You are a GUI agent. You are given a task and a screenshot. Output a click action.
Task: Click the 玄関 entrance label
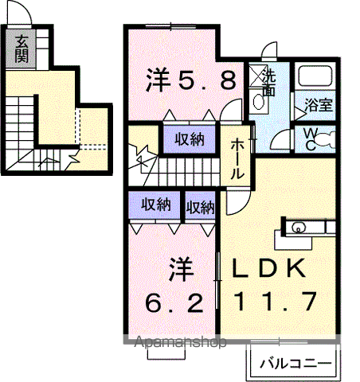pos(20,49)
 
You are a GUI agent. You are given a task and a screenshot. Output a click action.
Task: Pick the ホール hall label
pos(237,158)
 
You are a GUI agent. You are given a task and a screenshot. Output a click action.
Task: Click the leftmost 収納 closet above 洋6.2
pos(156,205)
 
